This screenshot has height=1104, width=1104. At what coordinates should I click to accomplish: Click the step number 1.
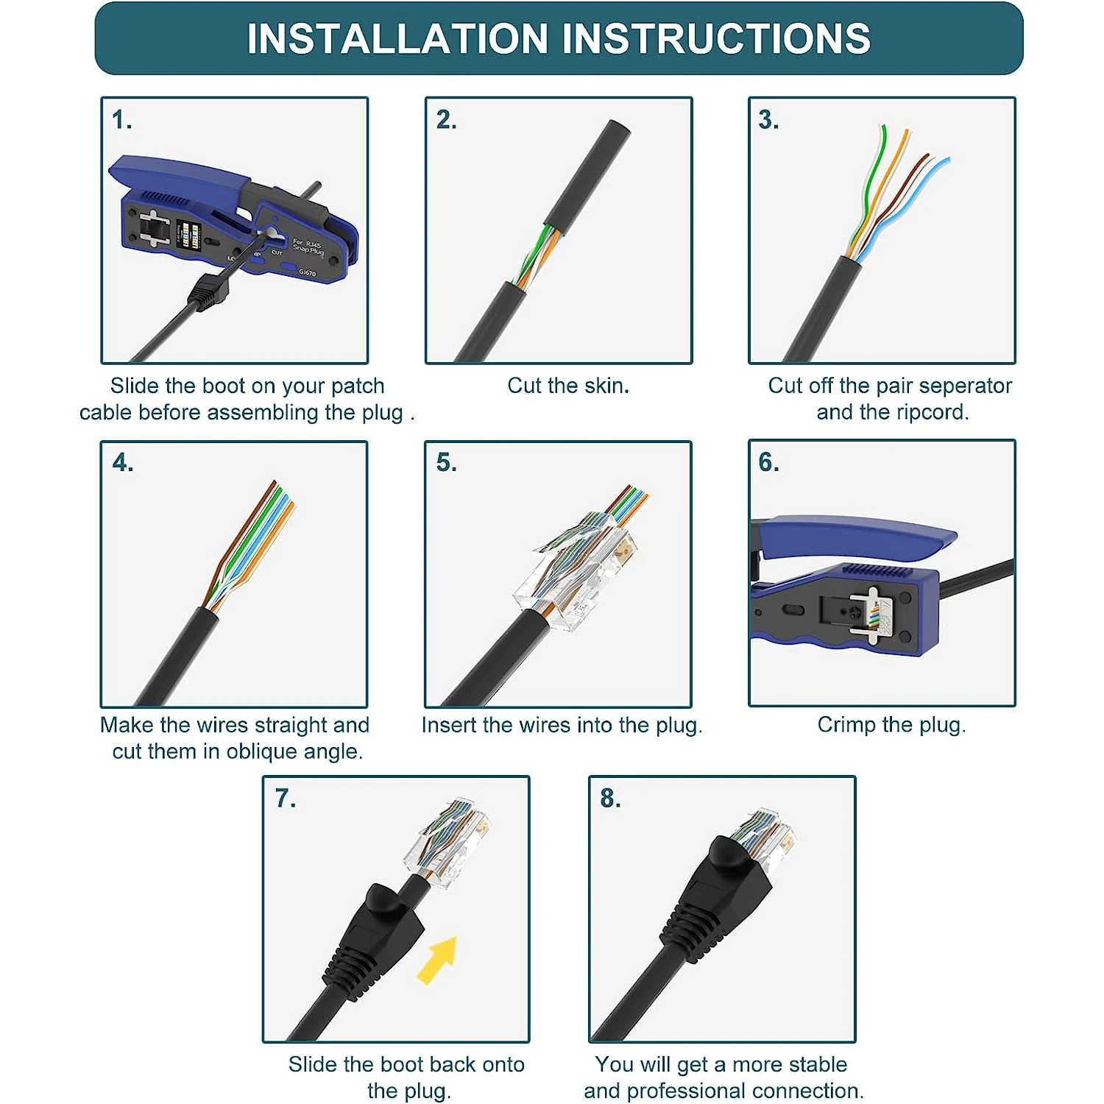click(122, 120)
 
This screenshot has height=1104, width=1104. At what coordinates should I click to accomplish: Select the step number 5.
click(446, 462)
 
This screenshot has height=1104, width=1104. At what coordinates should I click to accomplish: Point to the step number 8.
click(610, 798)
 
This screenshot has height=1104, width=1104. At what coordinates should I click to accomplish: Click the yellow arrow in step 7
click(439, 960)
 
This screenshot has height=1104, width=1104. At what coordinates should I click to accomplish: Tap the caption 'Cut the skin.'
click(568, 386)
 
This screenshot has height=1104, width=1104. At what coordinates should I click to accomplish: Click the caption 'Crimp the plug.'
click(891, 725)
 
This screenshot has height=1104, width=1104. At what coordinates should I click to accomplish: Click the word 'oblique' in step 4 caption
click(262, 751)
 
